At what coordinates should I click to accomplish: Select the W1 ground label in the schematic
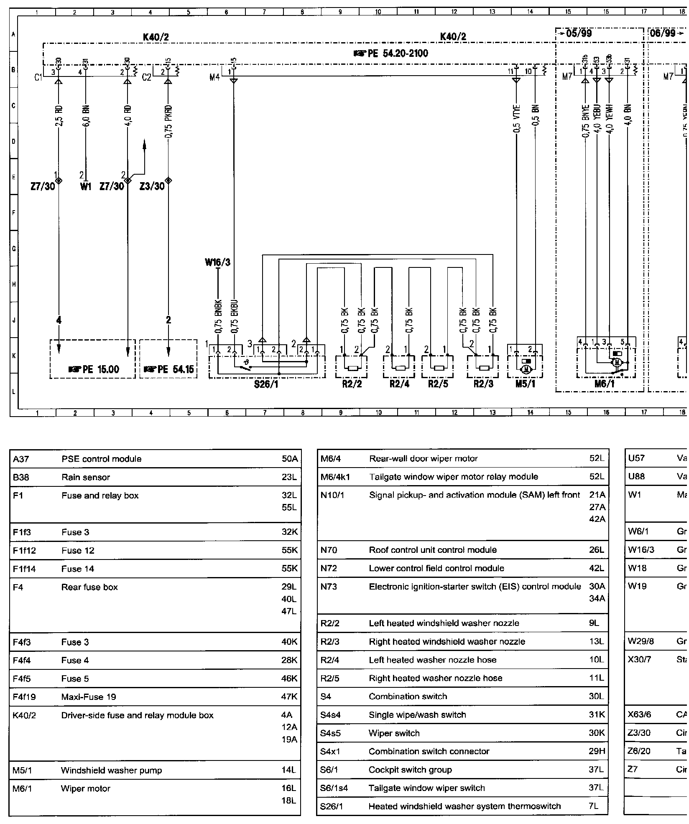[85, 186]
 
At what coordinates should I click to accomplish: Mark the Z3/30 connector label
[152, 186]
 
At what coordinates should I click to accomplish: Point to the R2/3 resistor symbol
[484, 368]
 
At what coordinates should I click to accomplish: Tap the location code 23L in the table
[289, 477]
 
